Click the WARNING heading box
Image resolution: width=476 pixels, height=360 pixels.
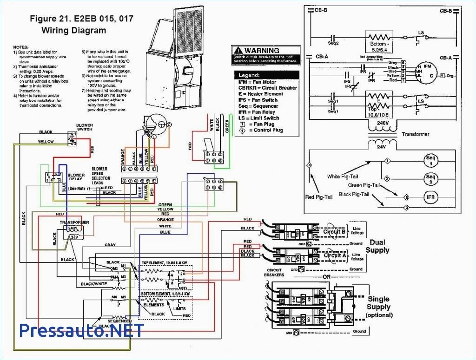click(265, 54)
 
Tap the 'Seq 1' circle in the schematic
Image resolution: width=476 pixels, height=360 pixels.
click(430, 161)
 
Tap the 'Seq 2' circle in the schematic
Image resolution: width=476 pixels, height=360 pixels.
click(430, 178)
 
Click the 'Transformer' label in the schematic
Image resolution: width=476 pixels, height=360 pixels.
click(416, 134)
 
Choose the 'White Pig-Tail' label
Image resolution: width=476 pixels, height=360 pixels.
click(339, 177)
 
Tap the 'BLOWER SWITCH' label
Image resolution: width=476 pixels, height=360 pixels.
click(85, 127)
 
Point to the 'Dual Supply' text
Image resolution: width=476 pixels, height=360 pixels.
click(377, 246)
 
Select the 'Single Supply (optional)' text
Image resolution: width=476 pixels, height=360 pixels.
click(379, 307)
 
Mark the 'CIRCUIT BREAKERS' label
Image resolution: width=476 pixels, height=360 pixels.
click(275, 273)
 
